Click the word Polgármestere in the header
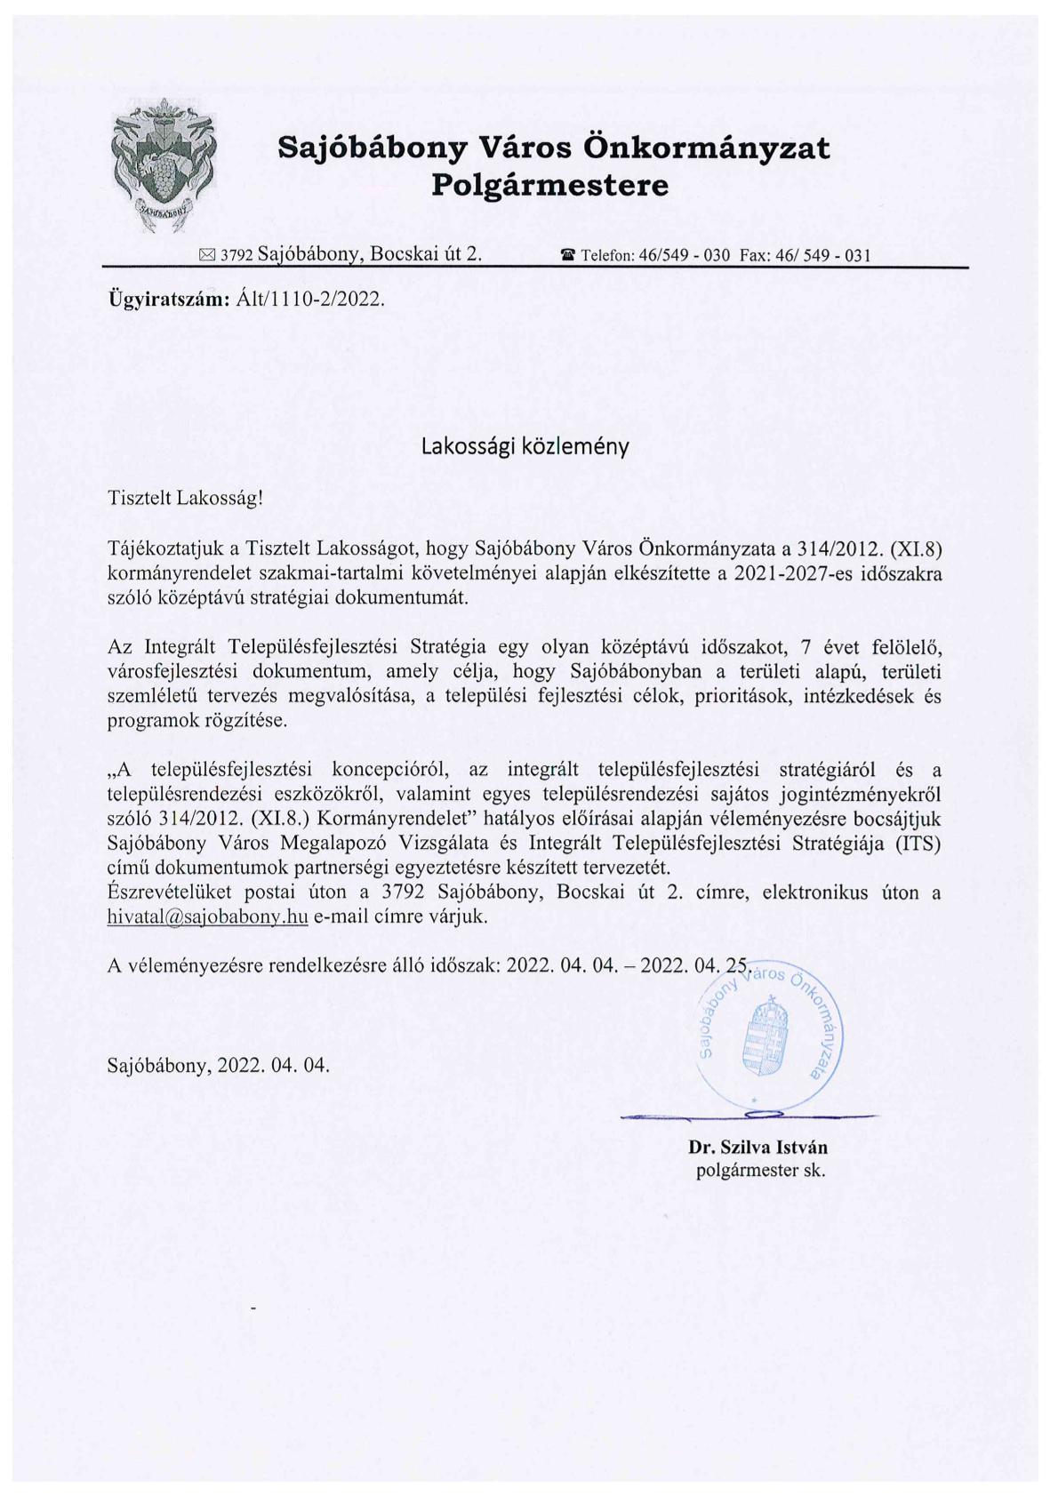pos(549,186)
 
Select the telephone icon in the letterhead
pos(567,256)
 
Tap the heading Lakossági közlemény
pos(525,447)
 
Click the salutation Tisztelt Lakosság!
pos(186,498)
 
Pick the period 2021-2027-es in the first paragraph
pos(786,573)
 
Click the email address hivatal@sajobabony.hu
pos(207,917)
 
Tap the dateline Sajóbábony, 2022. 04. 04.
pos(218,1064)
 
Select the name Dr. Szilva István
pos(757,1148)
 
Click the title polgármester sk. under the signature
pos(760,1171)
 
